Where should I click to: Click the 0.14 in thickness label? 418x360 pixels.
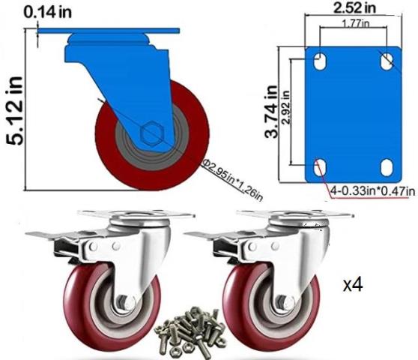48,12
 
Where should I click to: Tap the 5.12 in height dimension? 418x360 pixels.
14,111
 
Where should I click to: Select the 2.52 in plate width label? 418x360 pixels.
354,7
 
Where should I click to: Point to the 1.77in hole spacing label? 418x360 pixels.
356,23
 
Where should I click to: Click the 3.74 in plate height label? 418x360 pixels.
271,112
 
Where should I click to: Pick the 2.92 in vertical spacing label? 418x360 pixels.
285,107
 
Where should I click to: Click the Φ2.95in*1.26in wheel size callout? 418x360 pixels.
232,179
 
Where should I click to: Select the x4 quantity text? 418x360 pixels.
353,285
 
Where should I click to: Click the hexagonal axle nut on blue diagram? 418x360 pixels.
151,133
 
